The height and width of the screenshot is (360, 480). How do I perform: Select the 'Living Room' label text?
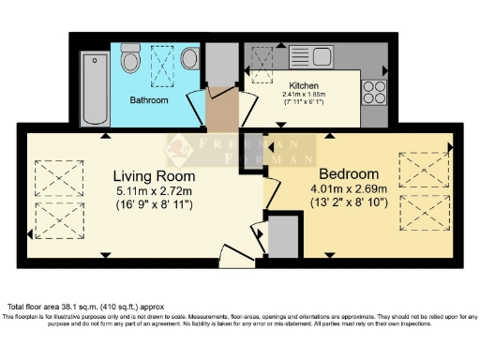154,176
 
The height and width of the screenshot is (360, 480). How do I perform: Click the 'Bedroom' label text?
349,174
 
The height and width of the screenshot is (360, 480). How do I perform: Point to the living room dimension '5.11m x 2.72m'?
154,190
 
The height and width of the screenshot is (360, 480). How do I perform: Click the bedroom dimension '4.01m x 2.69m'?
349,188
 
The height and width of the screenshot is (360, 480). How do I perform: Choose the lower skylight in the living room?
58,219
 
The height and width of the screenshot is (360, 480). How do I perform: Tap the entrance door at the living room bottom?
232,253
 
